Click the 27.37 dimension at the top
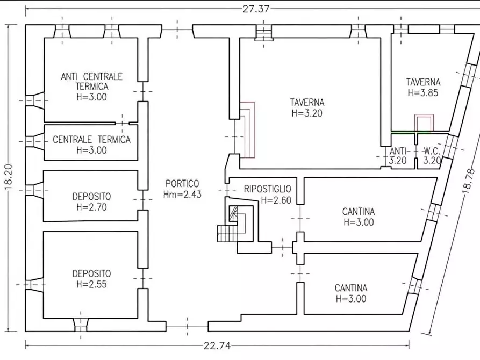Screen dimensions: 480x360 tap(256, 9)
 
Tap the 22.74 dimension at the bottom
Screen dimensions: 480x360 tap(217, 346)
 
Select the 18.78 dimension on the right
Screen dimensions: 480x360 tap(469, 181)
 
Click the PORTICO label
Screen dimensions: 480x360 tap(182, 184)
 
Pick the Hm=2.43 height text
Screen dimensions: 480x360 tap(182, 195)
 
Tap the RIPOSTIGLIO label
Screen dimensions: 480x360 tap(267, 189)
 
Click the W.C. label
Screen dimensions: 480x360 tap(432, 150)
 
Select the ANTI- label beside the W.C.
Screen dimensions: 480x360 tap(398, 150)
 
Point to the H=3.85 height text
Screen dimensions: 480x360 tap(423, 92)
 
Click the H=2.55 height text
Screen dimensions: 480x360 tap(91, 284)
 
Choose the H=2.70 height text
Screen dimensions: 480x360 tap(91, 207)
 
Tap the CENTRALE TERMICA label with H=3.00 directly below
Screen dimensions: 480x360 tap(91, 140)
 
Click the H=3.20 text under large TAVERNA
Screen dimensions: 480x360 tap(307, 113)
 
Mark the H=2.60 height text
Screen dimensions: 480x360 tap(276, 200)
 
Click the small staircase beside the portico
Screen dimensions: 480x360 tap(227, 233)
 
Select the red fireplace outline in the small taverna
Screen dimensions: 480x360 tap(424, 123)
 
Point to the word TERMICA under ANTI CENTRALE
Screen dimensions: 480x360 tap(92, 87)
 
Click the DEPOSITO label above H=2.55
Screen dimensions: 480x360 tap(91, 273)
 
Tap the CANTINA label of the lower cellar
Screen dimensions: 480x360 tap(351, 288)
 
